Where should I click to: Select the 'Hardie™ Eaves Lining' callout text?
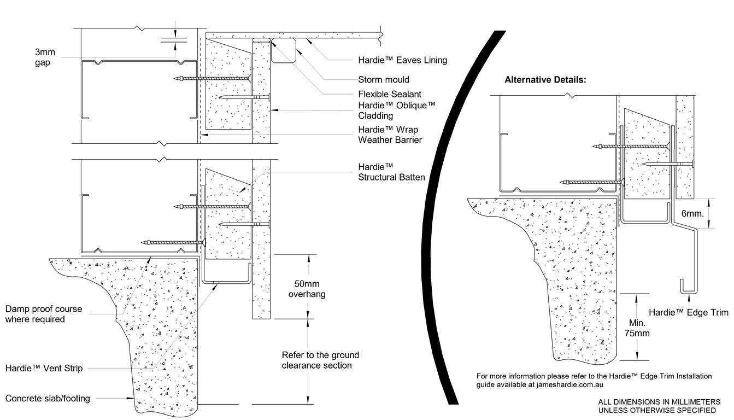pos(402,60)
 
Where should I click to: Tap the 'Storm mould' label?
pos(383,80)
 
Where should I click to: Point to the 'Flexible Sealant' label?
pos(390,94)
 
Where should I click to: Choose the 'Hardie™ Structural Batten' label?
pos(391,171)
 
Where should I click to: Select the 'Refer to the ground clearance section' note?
pos(320,360)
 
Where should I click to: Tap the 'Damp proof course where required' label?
pos(43,314)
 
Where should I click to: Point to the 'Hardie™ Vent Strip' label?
pos(44,369)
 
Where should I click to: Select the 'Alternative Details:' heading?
pos(545,79)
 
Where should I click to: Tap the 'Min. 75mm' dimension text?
pos(637,327)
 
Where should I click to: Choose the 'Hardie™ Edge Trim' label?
pos(688,312)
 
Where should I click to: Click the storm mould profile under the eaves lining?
pos(284,52)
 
